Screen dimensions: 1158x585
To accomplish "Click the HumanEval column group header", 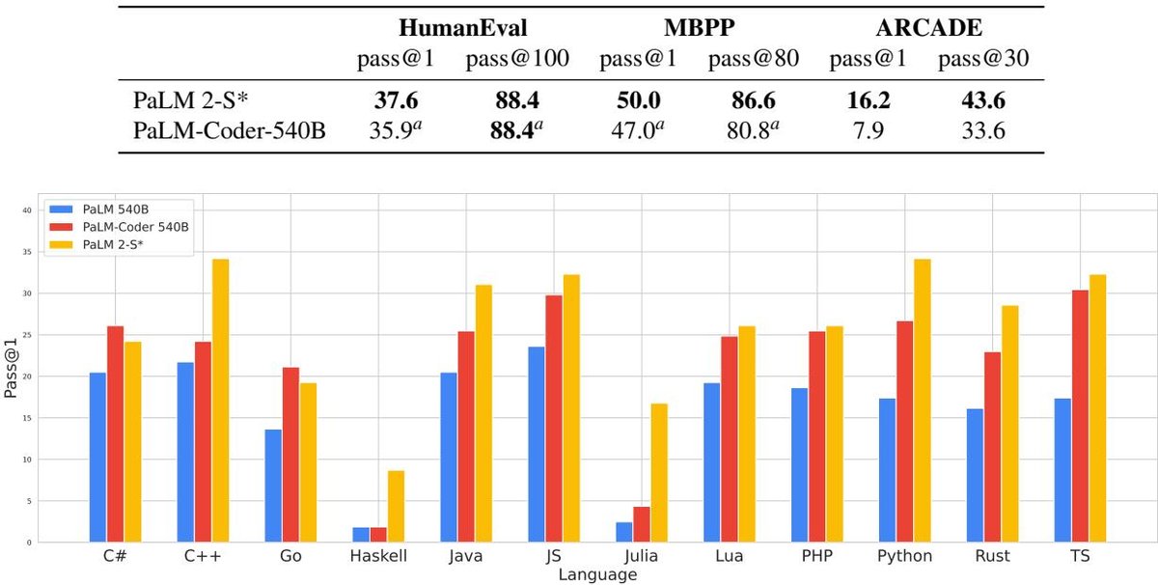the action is pos(462,27).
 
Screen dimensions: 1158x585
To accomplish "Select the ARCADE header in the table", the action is pos(929,27).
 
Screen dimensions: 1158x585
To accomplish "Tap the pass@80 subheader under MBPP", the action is pos(754,58).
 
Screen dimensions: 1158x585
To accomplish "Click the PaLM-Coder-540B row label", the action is pos(230,130).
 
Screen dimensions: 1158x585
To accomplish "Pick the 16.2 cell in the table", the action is pos(868,99).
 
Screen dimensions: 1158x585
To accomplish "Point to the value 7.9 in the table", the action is pos(868,130).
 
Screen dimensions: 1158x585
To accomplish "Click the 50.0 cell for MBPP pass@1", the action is pos(639,99).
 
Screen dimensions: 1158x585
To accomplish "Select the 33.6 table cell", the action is pos(983,130).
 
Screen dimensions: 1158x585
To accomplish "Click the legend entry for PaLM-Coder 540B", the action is pos(119,227).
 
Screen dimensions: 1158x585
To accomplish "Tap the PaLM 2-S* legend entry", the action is pos(96,244).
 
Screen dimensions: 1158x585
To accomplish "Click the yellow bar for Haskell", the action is pos(396,507).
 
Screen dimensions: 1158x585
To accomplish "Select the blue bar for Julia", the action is pos(624,532).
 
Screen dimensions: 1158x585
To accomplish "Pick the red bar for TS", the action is pos(1080,416).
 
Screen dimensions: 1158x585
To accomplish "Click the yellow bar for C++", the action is pos(220,401).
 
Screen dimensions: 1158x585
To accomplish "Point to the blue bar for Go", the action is pos(273,486).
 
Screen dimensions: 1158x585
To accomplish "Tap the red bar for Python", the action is pos(905,432).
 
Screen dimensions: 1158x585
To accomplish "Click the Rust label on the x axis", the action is pos(992,556).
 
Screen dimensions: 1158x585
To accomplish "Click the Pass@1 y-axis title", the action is pos(11,368).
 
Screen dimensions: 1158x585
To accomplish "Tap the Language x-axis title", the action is pos(597,574).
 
